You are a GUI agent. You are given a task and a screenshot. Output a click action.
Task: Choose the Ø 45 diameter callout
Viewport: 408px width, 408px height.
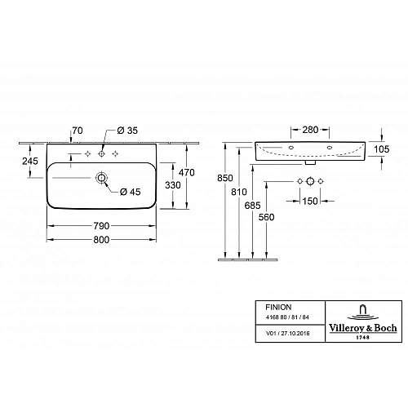[133, 192]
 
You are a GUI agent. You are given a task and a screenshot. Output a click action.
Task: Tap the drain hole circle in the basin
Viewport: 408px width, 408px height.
[102, 176]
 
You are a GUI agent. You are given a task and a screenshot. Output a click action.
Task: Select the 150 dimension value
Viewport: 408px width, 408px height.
[310, 200]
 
